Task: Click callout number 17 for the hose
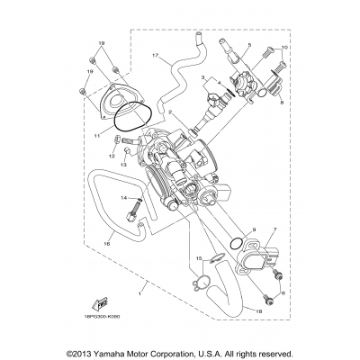click(x=154, y=56)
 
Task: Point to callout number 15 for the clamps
click(x=196, y=259)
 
